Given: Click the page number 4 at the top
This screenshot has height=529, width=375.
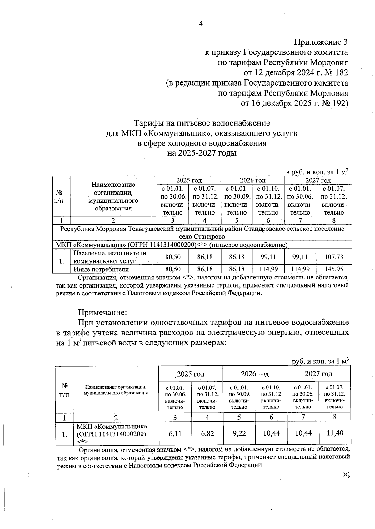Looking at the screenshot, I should point(201,24).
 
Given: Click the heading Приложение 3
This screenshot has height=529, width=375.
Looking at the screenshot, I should point(321,42).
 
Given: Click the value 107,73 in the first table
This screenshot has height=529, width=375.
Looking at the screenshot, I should point(334,257).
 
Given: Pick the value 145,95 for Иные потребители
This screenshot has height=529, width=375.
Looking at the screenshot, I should point(334,269).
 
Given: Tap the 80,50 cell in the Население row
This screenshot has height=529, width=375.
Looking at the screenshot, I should point(173,257).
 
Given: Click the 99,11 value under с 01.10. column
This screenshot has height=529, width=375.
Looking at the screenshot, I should point(268,257).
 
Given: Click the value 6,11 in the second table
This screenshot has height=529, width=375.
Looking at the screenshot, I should point(175,433).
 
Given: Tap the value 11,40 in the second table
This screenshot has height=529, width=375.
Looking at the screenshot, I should point(335,433).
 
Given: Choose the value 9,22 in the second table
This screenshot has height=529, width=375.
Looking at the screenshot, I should point(239,433).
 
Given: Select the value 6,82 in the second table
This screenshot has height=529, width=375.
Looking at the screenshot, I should point(207,433).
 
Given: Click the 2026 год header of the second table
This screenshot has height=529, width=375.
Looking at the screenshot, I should point(255,374).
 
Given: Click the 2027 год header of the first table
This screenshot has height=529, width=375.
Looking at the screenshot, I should point(318,180).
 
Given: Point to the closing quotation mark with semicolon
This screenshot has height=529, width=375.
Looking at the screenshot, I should point(346,474).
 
